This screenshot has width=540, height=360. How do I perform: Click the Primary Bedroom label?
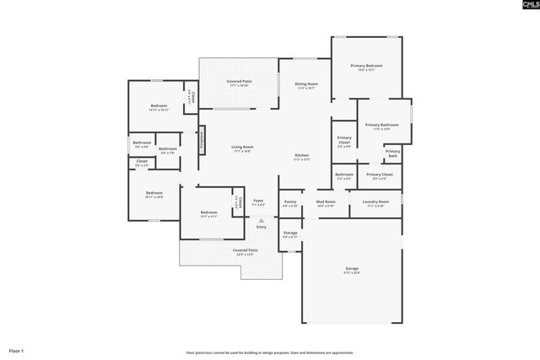pos(366,66)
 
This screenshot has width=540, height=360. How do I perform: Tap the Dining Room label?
pos(306,84)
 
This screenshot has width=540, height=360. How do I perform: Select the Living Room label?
pos(243,148)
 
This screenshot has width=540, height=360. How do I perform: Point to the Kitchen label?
pos(301,156)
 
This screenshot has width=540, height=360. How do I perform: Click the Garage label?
pos(351,268)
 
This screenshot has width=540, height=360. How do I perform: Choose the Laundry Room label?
pos(375,202)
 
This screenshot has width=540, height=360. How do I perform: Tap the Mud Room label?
pos(326,202)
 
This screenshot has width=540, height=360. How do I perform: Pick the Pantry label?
pos(289,202)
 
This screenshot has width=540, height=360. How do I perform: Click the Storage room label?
pos(289,233)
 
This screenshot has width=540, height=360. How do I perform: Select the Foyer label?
pos(258,201)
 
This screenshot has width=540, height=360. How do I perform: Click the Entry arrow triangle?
pos(261,221)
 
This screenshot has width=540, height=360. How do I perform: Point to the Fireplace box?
pos(202,141)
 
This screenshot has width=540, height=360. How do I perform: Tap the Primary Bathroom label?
pos(381,126)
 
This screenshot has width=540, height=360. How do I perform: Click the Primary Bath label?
pos(392,153)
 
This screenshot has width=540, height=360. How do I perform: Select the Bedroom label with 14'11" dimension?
pos(159,106)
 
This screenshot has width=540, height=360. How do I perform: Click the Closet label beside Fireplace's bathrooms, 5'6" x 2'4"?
pos(142,161)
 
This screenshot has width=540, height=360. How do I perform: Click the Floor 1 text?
pos(17,350)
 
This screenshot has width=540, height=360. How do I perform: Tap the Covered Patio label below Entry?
pos(246,250)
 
